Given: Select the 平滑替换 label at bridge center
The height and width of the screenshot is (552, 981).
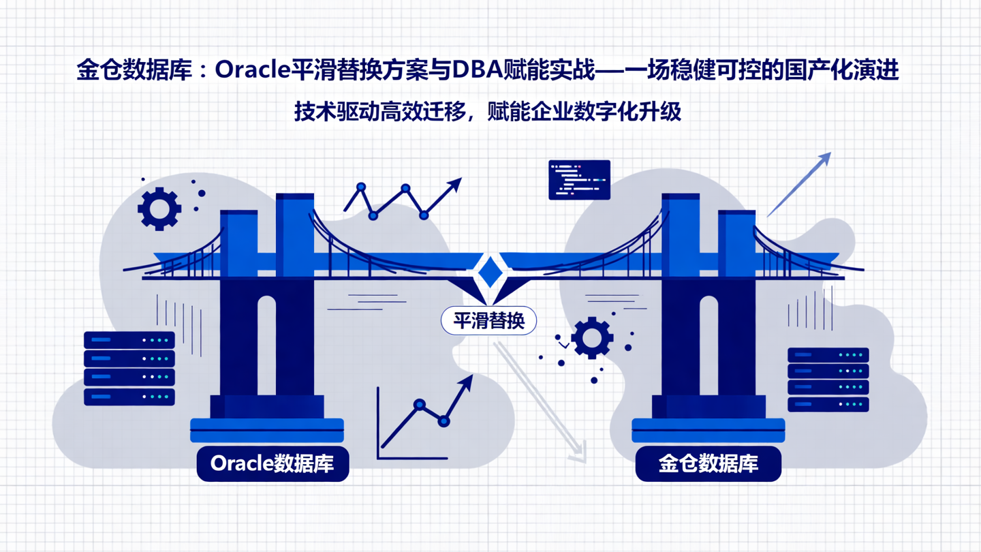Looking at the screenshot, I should click(488, 321).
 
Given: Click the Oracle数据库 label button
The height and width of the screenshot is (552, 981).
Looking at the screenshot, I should click(272, 463).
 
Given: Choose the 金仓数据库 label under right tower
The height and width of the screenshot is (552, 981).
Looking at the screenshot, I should click(708, 463).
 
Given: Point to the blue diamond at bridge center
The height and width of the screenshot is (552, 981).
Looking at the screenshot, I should click(488, 272).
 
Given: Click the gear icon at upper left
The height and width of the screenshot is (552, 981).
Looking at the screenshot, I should click(159, 209).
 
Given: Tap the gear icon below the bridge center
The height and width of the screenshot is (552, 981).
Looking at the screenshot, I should click(591, 338).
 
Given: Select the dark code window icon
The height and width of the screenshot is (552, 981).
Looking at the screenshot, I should click(579, 180).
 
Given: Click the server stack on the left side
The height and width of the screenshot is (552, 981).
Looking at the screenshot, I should click(129, 368).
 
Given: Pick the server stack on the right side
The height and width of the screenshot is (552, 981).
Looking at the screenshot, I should click(828, 380).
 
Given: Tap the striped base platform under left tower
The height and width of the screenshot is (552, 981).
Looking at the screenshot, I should click(266, 430).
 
